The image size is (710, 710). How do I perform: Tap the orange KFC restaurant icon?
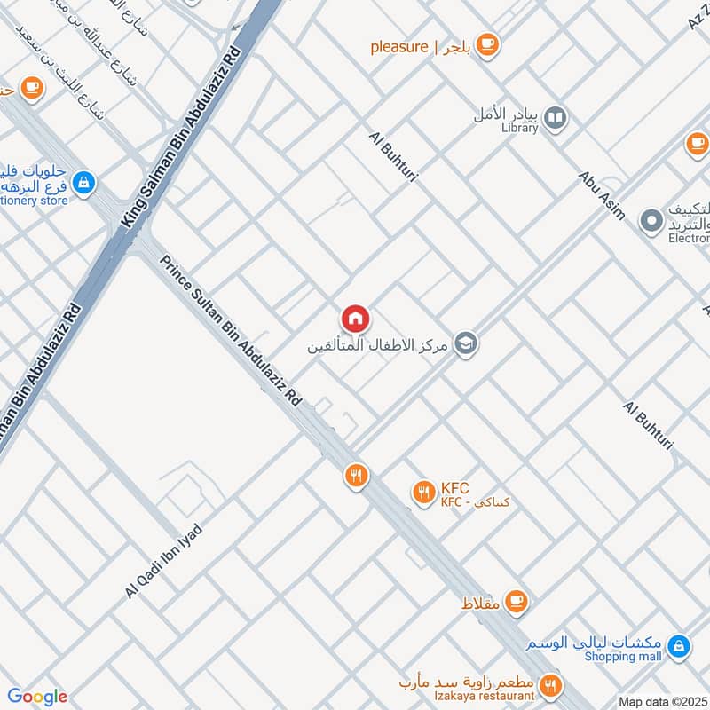point(423,490)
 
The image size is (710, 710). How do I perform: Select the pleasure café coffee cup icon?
point(486,44)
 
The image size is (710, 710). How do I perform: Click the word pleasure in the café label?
point(399,47)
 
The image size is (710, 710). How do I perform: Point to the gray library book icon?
point(555,117)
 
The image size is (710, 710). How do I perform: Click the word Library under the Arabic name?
point(519,129)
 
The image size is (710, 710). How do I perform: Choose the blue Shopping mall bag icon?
point(679,646)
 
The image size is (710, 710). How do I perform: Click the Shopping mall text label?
point(623,657)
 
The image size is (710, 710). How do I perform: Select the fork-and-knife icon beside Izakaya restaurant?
point(550,685)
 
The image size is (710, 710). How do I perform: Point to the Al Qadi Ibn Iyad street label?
point(164,561)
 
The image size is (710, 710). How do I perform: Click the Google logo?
point(36,697)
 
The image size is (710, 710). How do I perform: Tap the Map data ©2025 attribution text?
point(663,702)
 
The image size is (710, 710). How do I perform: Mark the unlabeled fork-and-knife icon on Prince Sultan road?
point(356,477)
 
